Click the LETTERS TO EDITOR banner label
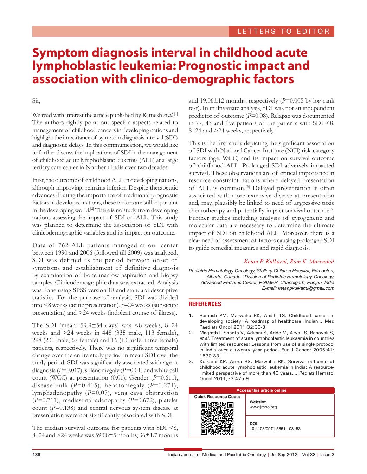click(283, 31)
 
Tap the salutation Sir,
click(36, 101)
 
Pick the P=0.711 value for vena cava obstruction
click(44, 400)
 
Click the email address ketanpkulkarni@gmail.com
click(306, 288)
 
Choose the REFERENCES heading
click(205, 304)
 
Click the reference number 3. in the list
click(191, 361)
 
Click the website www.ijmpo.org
click(263, 407)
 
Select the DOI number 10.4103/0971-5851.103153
click(275, 429)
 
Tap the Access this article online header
click(261, 390)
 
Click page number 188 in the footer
click(37, 455)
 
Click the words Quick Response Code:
click(217, 397)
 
